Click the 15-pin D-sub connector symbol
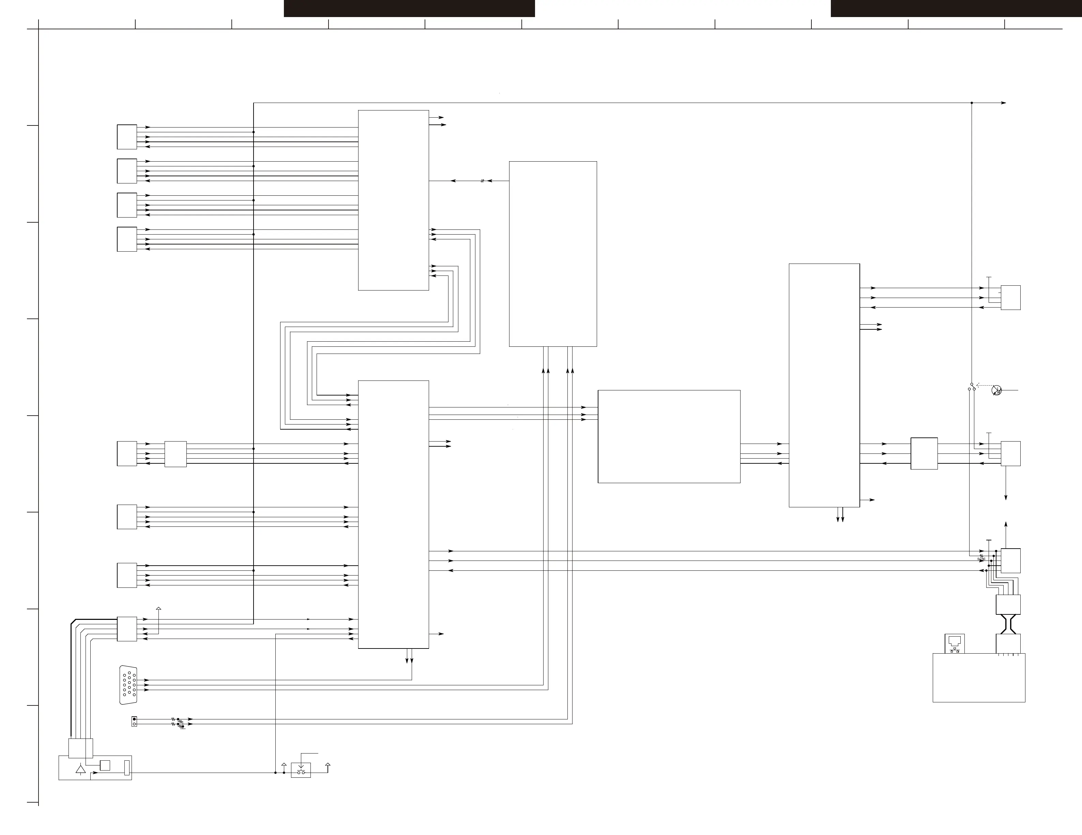[x=128, y=685]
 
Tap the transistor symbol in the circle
[x=996, y=390]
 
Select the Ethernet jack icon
[x=955, y=643]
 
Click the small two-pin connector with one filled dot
[x=134, y=721]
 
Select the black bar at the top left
[x=409, y=9]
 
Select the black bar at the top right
[x=956, y=9]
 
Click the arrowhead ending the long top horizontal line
[x=1003, y=103]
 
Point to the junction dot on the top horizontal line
[x=972, y=103]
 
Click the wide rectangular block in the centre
[x=669, y=436]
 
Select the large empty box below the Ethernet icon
[x=978, y=677]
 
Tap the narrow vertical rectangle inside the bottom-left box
[x=127, y=767]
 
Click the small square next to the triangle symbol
[x=105, y=765]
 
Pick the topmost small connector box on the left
[x=127, y=137]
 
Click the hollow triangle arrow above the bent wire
[x=158, y=609]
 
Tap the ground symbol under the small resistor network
[x=183, y=729]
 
